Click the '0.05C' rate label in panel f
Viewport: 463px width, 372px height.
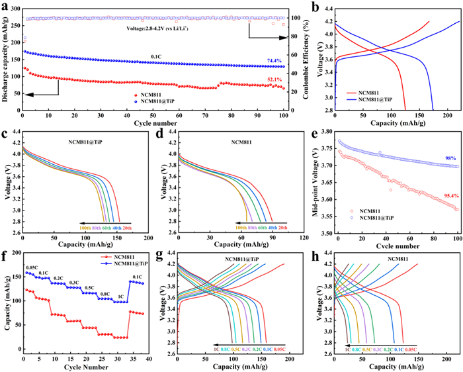click(x=30, y=267)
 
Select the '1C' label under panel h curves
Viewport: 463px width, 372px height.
click(x=348, y=348)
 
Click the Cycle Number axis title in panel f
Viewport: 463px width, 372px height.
click(x=85, y=366)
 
